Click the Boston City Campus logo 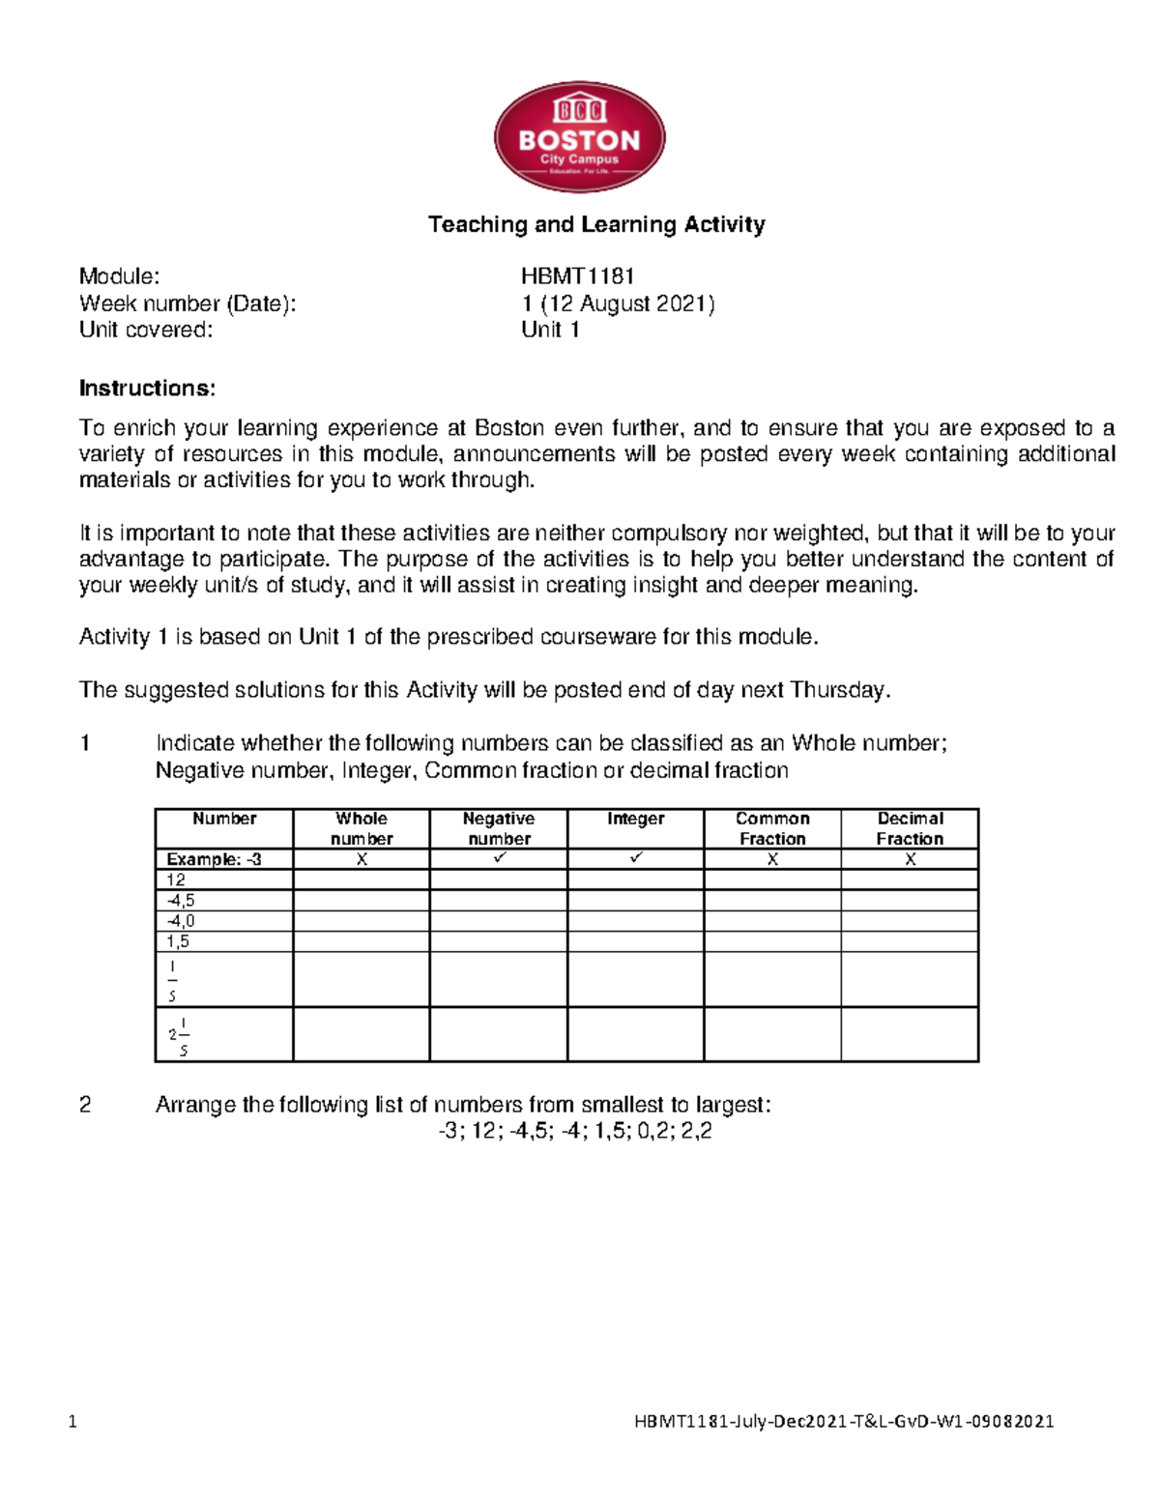coord(579,137)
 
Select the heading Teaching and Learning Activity coord(596,225)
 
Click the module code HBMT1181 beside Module coord(577,277)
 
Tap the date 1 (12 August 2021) coord(618,303)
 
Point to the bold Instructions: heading coord(147,389)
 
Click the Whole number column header coord(362,828)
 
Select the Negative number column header coord(499,828)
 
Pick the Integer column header coord(635,819)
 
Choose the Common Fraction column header coord(772,828)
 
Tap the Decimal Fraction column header coord(910,828)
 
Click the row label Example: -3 coord(214,859)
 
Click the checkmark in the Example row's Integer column coord(635,858)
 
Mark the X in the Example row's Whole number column coord(362,859)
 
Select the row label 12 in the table coord(176,880)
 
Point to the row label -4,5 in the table coord(181,900)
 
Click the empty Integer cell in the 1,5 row coord(635,941)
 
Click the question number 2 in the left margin coord(85,1105)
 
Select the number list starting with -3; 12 coord(575,1131)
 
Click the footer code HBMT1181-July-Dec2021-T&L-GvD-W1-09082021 coord(844,1421)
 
